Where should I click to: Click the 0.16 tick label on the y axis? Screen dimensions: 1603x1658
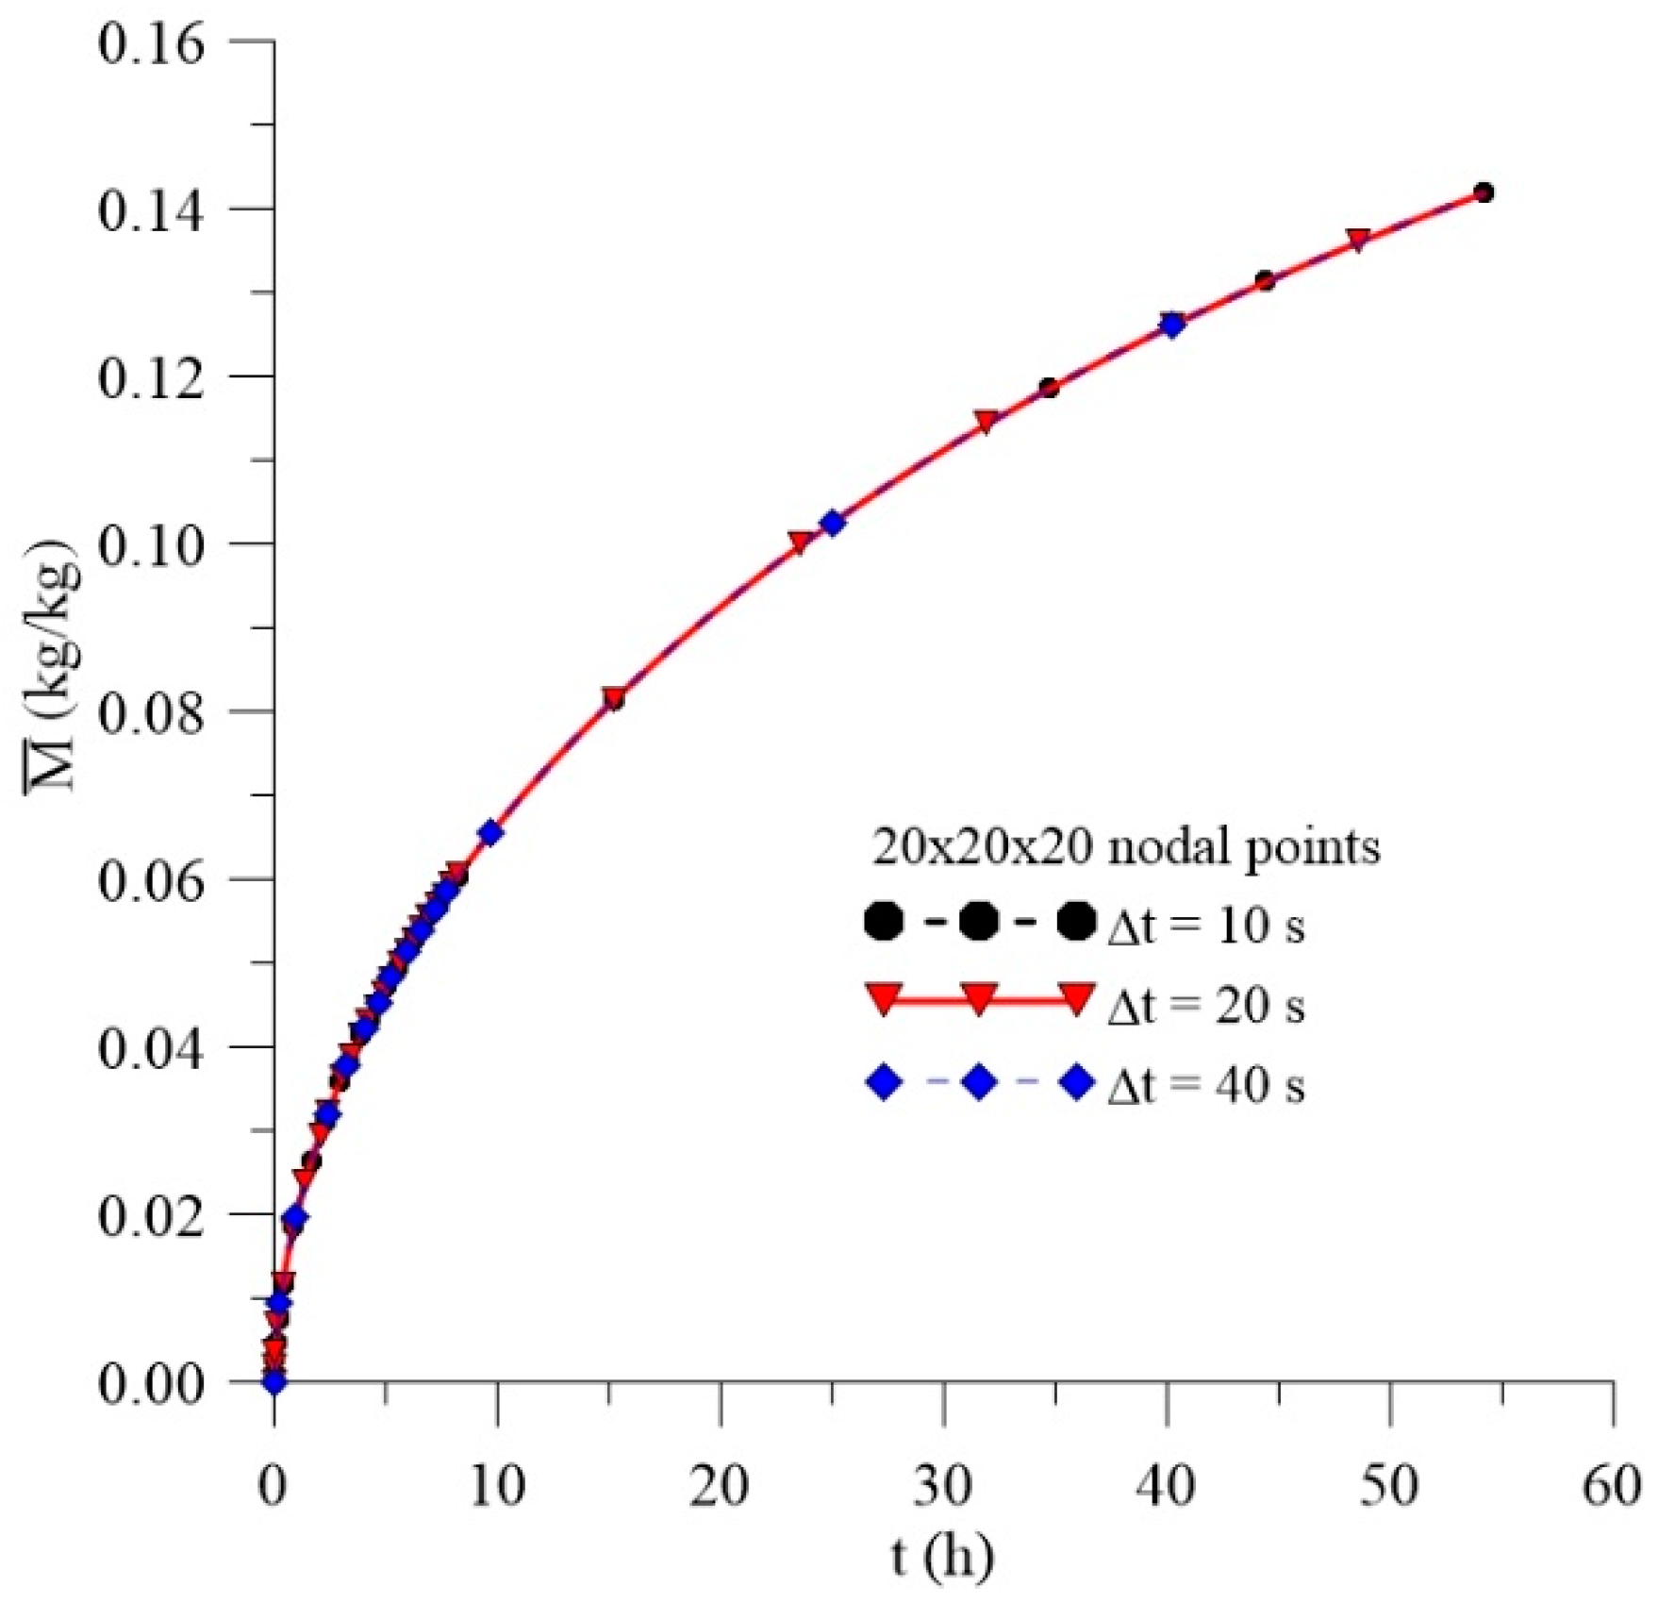(x=150, y=43)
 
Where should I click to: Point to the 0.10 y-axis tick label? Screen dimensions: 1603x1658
(x=150, y=545)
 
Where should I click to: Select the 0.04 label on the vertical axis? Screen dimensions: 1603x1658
(x=150, y=1048)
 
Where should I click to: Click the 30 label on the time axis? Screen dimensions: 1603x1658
(x=943, y=1487)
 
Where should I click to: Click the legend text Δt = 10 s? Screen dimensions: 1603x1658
(x=1205, y=926)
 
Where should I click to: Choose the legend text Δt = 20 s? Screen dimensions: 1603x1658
(x=1205, y=1006)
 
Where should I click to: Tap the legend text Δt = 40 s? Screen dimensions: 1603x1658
(x=1205, y=1086)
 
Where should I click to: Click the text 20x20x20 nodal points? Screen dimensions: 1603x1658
(x=1126, y=846)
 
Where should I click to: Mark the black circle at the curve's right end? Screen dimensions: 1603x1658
(x=1483, y=193)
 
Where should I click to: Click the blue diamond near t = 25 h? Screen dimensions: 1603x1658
(x=832, y=523)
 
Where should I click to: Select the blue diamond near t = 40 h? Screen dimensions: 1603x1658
(x=1172, y=325)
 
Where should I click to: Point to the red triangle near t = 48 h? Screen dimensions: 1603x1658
(x=1358, y=240)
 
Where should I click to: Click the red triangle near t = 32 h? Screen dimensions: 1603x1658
(x=987, y=422)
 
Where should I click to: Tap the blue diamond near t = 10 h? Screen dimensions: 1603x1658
(x=490, y=832)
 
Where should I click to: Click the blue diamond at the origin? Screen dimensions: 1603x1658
(x=274, y=1382)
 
